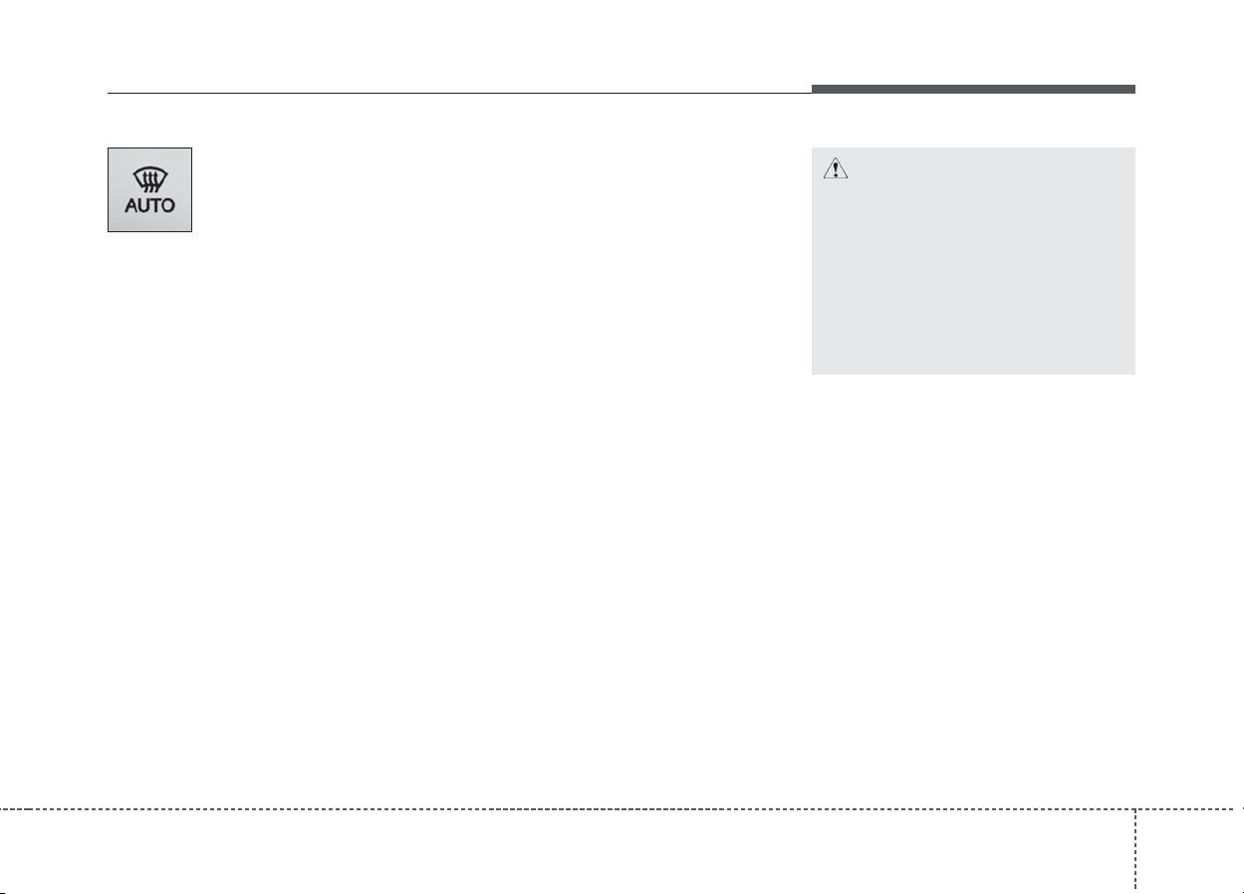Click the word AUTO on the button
(x=150, y=205)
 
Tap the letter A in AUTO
(x=131, y=205)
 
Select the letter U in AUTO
(x=143, y=205)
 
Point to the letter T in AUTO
(x=155, y=205)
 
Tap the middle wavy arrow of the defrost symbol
(x=150, y=181)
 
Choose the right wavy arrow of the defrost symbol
(x=156, y=181)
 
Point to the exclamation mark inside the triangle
(x=836, y=169)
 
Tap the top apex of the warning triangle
(x=836, y=157)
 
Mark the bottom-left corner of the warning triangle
(x=823, y=178)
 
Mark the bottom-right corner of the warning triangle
(x=848, y=178)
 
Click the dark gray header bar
(x=973, y=89)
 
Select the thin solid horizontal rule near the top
(x=459, y=93)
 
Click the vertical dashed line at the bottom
(x=1135, y=850)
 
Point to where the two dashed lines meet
(x=1135, y=809)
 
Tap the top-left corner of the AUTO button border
(x=108, y=148)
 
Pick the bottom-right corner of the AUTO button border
(x=191, y=231)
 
